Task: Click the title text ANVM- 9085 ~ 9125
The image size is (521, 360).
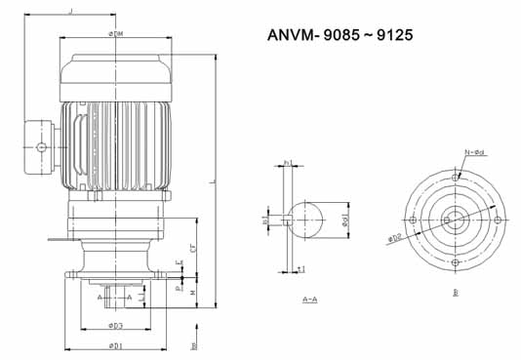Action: (341, 35)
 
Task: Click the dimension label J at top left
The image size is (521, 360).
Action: (70, 12)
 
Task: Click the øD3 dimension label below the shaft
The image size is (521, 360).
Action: (115, 325)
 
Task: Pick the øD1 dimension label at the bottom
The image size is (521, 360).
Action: (115, 344)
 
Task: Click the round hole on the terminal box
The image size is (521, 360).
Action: (41, 147)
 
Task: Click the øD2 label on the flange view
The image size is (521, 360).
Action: (395, 237)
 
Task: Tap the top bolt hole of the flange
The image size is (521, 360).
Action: (456, 178)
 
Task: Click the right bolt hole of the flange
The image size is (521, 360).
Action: (498, 220)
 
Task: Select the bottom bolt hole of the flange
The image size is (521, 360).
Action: (456, 262)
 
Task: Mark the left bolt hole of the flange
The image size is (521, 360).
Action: (414, 220)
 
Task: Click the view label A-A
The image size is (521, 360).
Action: (308, 299)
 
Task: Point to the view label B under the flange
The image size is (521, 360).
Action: (456, 292)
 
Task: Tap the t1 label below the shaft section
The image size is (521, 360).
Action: (302, 268)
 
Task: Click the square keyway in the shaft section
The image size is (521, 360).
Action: (290, 220)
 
